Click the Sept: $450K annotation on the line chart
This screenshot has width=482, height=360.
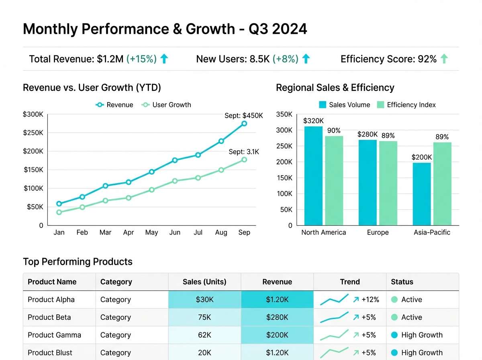(x=243, y=116)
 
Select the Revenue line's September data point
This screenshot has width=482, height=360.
(x=244, y=124)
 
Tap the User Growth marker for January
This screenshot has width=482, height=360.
(x=59, y=212)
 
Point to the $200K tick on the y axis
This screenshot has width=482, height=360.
(x=33, y=151)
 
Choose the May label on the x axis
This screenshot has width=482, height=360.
(x=151, y=233)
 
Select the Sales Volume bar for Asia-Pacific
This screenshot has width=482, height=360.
(x=422, y=194)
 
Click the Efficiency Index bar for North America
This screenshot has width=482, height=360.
(x=334, y=180)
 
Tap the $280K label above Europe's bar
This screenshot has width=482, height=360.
(x=368, y=134)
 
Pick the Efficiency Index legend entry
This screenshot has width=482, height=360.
(x=406, y=105)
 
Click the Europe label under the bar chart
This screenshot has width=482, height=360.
(x=378, y=233)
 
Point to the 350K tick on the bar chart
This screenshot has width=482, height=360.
(x=284, y=115)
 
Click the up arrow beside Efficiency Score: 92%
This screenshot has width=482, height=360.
(x=444, y=59)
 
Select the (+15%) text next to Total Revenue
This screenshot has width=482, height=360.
(x=141, y=59)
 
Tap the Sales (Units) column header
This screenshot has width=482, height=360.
(x=204, y=282)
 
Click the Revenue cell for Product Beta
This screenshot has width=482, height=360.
(x=277, y=317)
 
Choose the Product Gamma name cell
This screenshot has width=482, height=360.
(x=54, y=335)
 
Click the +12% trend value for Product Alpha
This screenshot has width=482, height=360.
(x=370, y=300)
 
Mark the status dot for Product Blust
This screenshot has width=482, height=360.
(x=394, y=353)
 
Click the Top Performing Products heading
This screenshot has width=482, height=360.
(x=78, y=262)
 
